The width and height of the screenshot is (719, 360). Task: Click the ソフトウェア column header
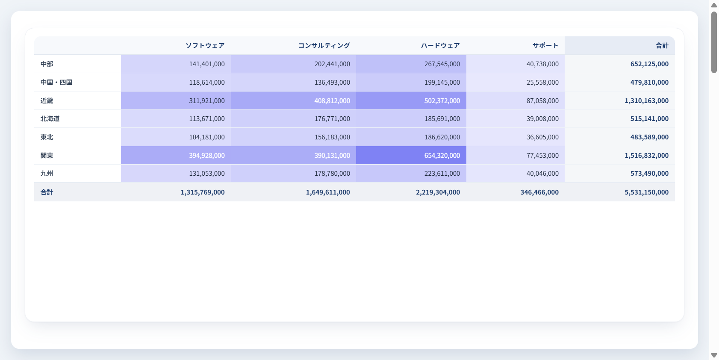[x=205, y=46]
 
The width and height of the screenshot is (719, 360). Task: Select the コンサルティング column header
[x=324, y=46]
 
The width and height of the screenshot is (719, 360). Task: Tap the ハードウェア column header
[x=440, y=46]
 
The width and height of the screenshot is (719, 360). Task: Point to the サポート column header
[x=545, y=46]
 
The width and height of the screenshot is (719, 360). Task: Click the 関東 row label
[x=47, y=156]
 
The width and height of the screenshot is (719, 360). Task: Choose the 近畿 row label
[x=47, y=101]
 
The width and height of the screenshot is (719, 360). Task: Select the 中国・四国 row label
[x=56, y=83]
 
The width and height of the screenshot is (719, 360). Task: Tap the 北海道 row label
[x=50, y=119]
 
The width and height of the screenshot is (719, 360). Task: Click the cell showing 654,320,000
[x=442, y=156]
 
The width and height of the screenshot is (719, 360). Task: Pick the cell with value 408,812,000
[x=332, y=101]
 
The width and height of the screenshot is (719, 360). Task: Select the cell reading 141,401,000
[x=207, y=64]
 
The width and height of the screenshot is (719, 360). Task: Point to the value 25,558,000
[x=542, y=83]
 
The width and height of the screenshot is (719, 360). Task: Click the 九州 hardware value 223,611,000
[x=442, y=174]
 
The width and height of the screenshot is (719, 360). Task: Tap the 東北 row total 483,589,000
[x=649, y=137]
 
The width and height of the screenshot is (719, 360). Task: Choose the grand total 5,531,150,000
[x=646, y=192]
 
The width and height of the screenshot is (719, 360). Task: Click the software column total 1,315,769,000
[x=203, y=192]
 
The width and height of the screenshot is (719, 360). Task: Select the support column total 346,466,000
[x=539, y=192]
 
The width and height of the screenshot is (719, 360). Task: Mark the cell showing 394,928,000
[x=207, y=156]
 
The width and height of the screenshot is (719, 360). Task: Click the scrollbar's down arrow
[x=714, y=355]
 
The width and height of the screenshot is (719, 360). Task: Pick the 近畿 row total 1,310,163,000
[x=646, y=101]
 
